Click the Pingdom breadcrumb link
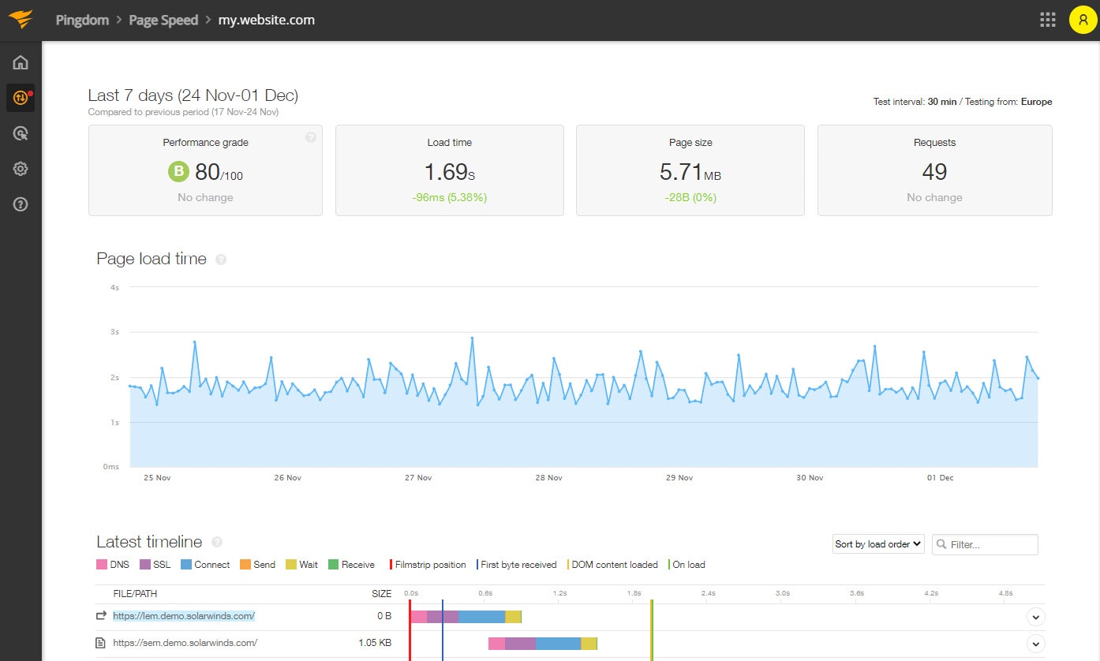pos(82,20)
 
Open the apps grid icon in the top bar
pos(1047,20)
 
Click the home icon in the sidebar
pos(21,62)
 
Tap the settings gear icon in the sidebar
pos(21,169)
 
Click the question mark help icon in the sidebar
pos(21,204)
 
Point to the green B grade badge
pos(178,172)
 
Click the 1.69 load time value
pos(446,172)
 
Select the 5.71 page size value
pos(680,172)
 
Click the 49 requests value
pos(934,172)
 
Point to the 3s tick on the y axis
pos(114,332)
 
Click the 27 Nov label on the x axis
pos(418,477)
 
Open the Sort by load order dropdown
pos(878,544)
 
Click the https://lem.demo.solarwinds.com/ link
pos(184,616)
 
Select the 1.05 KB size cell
pos(375,643)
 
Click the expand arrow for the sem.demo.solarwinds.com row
pos(1036,644)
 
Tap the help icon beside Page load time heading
pos(221,260)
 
